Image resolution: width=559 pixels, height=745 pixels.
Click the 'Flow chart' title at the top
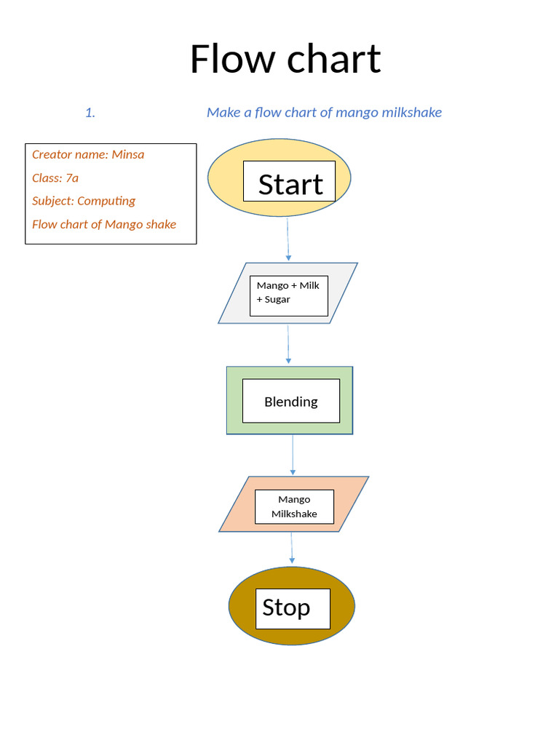285,59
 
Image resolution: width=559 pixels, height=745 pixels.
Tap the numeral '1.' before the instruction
90,113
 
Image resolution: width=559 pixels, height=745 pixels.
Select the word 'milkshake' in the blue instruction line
413,112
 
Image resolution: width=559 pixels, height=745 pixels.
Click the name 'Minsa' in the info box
128,154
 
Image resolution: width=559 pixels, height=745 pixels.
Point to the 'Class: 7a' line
55,178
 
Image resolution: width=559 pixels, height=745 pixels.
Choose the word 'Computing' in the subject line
106,201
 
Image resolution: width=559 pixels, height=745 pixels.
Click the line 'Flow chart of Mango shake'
104,224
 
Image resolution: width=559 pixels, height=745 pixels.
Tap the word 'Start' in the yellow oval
290,184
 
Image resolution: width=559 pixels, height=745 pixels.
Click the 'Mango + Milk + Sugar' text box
288,292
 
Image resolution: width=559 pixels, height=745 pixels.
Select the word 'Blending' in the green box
290,402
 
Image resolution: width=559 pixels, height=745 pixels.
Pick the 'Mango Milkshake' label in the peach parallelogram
294,506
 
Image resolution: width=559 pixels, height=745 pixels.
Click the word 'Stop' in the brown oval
286,607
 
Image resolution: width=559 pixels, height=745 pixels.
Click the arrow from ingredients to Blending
288,344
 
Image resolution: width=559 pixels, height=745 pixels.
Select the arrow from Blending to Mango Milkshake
293,455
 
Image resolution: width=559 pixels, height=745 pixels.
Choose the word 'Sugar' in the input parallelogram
277,300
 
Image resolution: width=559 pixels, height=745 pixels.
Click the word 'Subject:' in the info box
53,201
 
